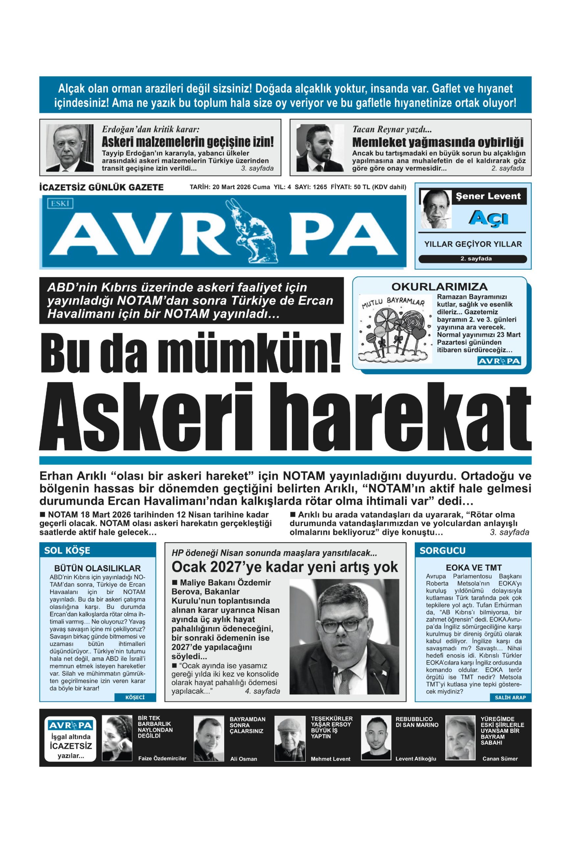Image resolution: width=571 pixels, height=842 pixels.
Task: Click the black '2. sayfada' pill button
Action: point(472,259)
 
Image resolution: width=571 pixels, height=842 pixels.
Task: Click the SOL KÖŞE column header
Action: point(67,551)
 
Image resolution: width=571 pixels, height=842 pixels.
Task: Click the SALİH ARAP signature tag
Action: point(510,697)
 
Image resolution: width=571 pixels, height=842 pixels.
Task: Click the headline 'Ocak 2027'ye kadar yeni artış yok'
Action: point(285,567)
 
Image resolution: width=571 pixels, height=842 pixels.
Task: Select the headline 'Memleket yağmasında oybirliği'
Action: point(438,142)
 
